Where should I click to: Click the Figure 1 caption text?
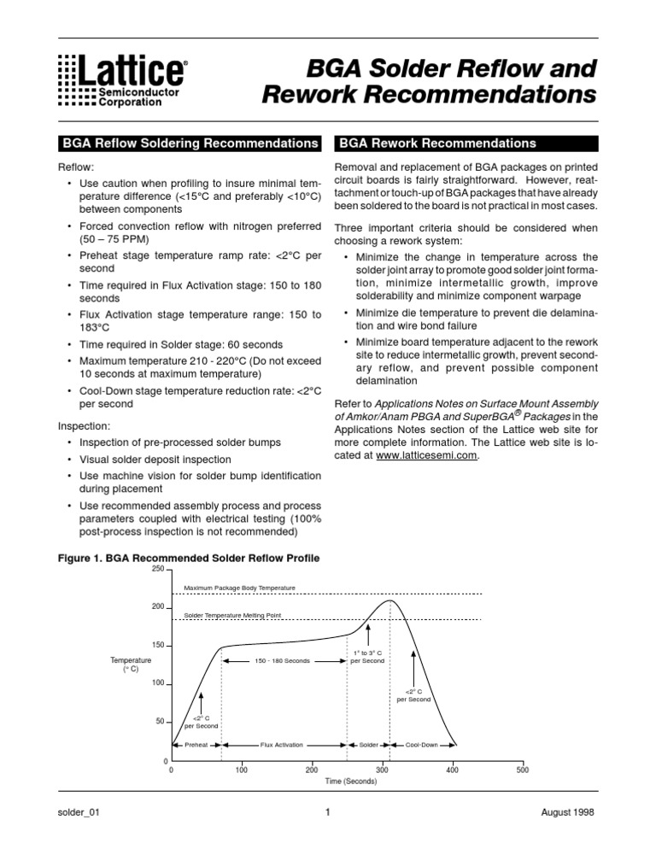pyautogui.click(x=188, y=559)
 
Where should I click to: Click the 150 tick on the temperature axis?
pyautogui.click(x=157, y=645)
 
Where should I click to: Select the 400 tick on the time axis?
pyautogui.click(x=452, y=770)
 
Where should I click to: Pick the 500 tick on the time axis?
pyautogui.click(x=522, y=770)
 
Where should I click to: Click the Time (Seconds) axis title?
pyautogui.click(x=350, y=782)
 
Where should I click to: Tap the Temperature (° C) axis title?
pyautogui.click(x=131, y=665)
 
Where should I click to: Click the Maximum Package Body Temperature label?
pyautogui.click(x=240, y=588)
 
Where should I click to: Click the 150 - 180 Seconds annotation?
pyautogui.click(x=283, y=660)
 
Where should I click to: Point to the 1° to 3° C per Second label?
pyautogui.click(x=367, y=657)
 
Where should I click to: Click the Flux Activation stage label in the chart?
pyautogui.click(x=282, y=745)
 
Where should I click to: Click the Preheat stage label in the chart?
pyautogui.click(x=196, y=745)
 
